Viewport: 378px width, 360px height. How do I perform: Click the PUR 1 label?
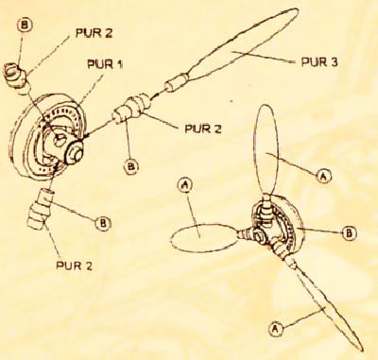[x=105, y=64]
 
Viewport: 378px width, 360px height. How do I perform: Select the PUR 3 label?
[x=318, y=61]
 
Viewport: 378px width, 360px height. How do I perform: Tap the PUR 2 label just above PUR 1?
[x=94, y=33]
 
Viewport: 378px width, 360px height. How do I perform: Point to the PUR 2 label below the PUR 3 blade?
[x=203, y=129]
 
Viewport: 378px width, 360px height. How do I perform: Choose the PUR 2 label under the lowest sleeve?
[x=74, y=266]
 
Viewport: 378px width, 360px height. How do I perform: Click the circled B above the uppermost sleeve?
[x=24, y=26]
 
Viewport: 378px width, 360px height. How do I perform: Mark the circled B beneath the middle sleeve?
[x=131, y=167]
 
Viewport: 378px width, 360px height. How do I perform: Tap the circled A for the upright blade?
[x=322, y=177]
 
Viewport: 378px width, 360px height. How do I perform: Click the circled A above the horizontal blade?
[x=185, y=185]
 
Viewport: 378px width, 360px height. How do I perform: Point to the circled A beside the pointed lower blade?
[x=275, y=329]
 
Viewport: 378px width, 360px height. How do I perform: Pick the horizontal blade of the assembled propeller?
[x=204, y=238]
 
